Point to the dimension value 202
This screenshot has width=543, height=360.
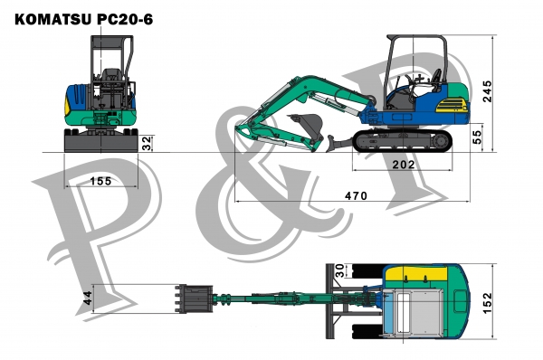(x=404, y=165)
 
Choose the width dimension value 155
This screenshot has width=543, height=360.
(x=100, y=181)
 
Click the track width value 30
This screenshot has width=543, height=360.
(x=340, y=270)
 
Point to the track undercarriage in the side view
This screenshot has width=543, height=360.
(x=403, y=139)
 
